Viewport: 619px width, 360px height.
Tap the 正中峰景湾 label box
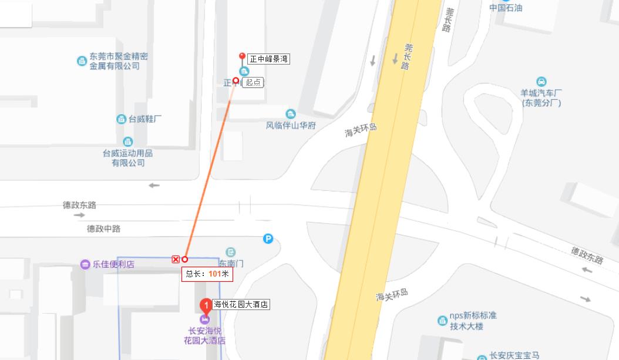(269, 59)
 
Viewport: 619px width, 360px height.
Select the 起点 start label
(253, 83)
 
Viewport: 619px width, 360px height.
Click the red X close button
(176, 259)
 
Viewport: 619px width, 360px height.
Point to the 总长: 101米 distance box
(207, 274)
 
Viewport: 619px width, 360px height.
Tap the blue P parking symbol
(268, 238)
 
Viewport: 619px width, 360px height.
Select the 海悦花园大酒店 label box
(241, 305)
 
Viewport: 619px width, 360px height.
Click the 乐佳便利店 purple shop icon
(85, 264)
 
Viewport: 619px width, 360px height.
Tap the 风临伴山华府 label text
(291, 125)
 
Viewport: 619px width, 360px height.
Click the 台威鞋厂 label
(145, 119)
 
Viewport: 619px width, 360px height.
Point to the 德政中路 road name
(103, 228)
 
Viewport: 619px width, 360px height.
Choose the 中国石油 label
(506, 8)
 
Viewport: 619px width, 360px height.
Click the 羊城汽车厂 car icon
(541, 82)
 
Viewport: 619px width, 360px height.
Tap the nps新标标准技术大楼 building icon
(442, 320)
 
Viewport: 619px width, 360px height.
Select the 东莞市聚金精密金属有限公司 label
(118, 61)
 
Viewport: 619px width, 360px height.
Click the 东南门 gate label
(231, 263)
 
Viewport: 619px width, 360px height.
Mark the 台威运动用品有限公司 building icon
(127, 142)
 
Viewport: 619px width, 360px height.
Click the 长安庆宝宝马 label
(514, 355)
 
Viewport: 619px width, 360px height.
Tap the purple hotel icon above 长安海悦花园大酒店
(204, 319)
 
